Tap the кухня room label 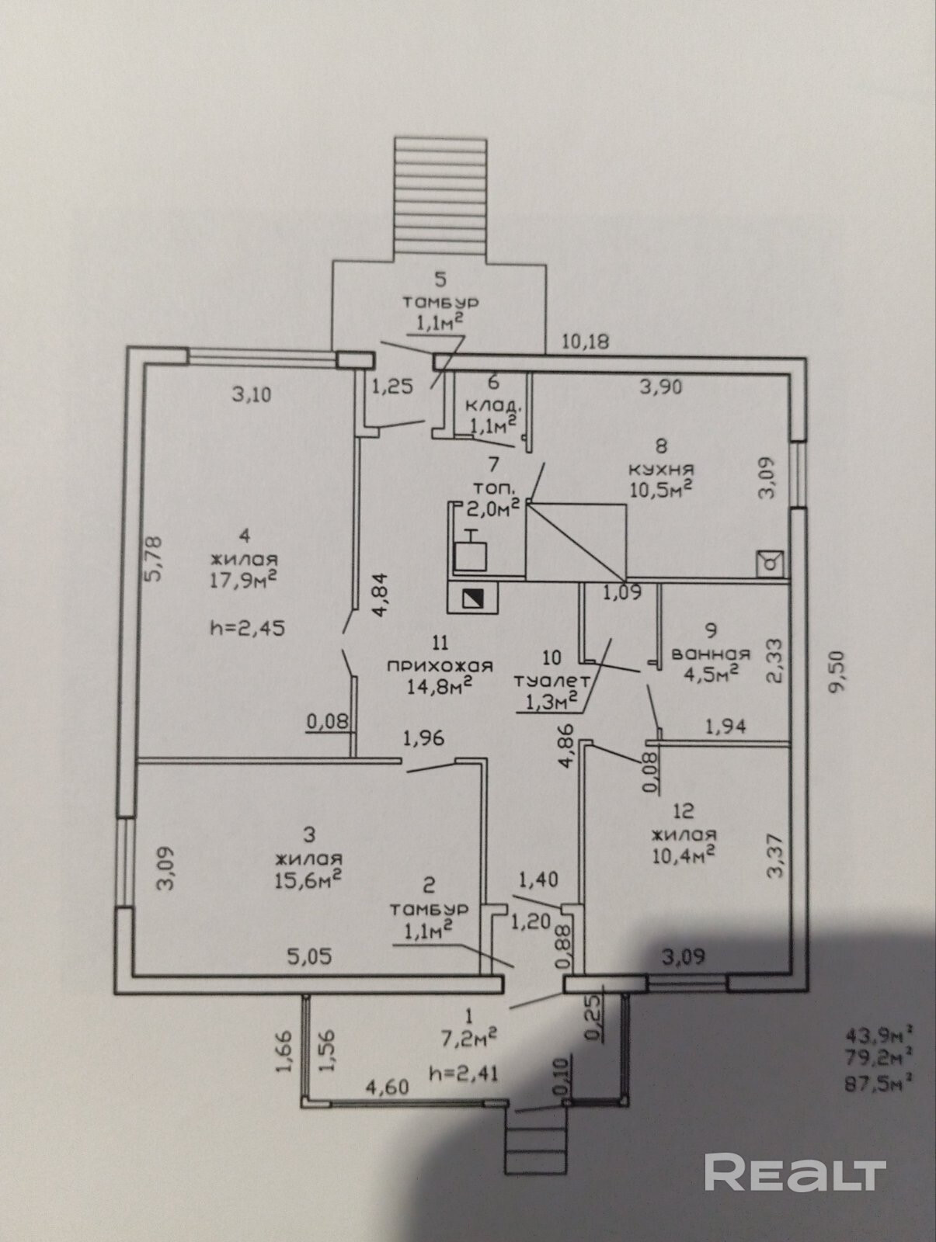pos(661,470)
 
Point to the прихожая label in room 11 pos(440,666)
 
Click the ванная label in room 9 pos(711,654)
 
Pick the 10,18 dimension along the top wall pos(586,342)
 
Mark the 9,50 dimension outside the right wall pos(837,671)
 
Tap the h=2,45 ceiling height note pos(247,628)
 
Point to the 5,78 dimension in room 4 pos(155,558)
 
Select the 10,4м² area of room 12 pos(683,852)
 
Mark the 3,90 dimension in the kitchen pos(661,387)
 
